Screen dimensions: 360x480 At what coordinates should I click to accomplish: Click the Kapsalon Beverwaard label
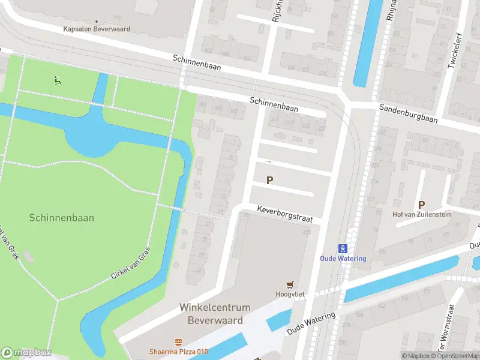point(96,29)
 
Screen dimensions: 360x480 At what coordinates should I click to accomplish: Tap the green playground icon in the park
point(57,80)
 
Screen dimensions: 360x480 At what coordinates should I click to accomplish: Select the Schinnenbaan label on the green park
point(61,218)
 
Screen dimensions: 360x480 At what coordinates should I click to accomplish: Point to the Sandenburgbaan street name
point(408,112)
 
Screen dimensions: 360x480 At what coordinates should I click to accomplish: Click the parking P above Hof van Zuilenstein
point(421,205)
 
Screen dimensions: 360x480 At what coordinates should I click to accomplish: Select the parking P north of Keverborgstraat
point(270,180)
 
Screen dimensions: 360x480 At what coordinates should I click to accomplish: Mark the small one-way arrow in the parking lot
point(268,162)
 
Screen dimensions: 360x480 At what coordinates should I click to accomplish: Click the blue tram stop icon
point(342,248)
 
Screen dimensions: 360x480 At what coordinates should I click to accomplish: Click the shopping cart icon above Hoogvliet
point(291,284)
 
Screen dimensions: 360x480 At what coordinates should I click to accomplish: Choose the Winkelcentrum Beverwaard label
point(211,313)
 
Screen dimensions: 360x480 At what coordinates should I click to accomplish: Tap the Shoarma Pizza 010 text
point(179,352)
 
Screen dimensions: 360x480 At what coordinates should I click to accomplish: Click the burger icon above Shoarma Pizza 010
point(179,342)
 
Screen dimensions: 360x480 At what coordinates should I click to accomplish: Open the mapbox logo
point(25,352)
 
